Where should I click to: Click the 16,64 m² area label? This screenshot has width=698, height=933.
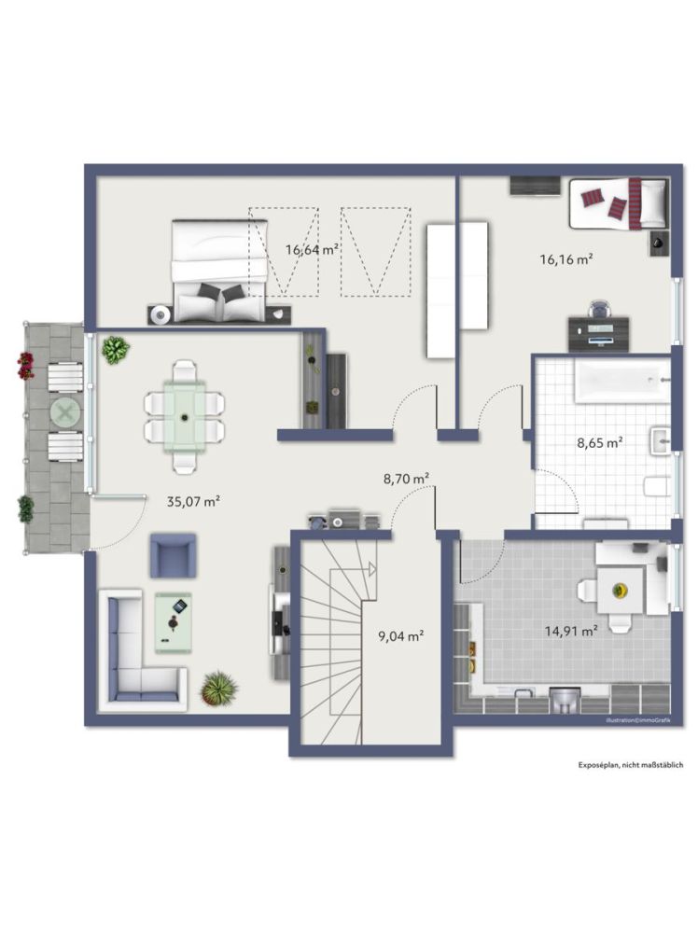(x=312, y=249)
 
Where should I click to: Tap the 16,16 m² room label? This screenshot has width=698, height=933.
(x=566, y=259)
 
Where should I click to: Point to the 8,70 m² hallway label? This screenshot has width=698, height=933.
(x=406, y=478)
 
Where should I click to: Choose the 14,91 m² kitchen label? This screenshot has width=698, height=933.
(x=571, y=631)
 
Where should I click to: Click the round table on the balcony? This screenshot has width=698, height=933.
(x=64, y=411)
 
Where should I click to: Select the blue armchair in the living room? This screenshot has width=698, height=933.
(x=173, y=556)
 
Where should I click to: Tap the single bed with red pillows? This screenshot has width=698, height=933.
(x=618, y=203)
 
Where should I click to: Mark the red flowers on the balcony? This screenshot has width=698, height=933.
(x=25, y=365)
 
